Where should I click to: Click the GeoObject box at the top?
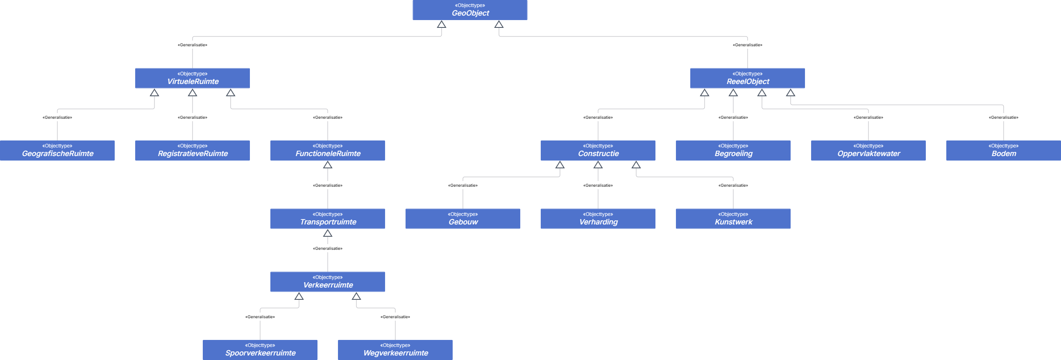(470, 10)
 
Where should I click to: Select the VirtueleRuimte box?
(193, 78)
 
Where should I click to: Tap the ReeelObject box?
(748, 78)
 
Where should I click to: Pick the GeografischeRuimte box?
(57, 150)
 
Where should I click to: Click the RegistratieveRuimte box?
(193, 150)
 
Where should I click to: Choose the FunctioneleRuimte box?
(327, 150)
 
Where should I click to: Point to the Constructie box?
(598, 150)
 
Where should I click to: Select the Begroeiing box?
(733, 150)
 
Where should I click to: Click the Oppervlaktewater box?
(868, 150)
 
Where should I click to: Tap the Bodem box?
(1003, 150)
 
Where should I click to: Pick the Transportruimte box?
(327, 219)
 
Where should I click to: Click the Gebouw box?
(463, 219)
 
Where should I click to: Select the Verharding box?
(598, 219)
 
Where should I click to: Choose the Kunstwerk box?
(733, 219)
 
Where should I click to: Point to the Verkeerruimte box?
(327, 282)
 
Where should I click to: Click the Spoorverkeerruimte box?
(260, 350)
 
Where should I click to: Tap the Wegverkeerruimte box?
(395, 350)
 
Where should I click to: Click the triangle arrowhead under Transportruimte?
(327, 233)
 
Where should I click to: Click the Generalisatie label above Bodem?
(1003, 118)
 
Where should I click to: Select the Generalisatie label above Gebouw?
(463, 186)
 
